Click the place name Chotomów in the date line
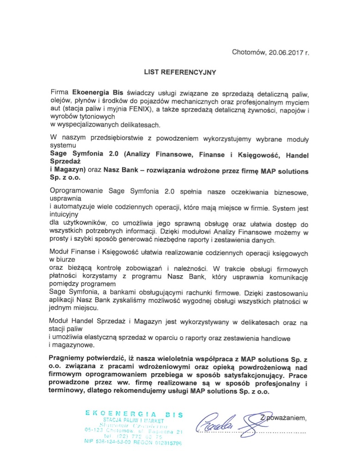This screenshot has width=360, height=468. pos(248,52)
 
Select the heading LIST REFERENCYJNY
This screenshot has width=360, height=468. pos(180,72)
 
